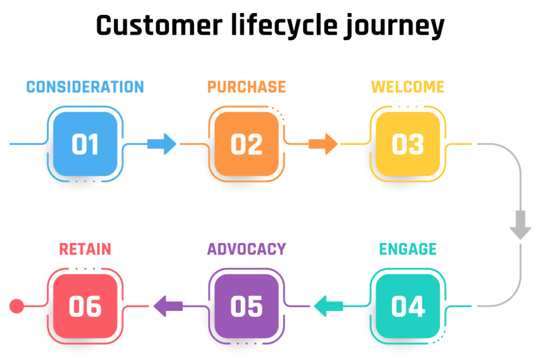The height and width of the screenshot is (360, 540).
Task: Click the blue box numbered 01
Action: click(85, 144)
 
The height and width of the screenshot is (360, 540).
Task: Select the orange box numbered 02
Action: click(247, 144)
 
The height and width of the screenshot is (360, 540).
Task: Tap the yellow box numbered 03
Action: click(408, 144)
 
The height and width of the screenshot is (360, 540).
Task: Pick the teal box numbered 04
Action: click(408, 306)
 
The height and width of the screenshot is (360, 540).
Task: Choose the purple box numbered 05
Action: click(247, 306)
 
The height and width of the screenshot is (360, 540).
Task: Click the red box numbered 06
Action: click(85, 306)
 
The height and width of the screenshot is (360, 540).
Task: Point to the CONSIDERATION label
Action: click(85, 87)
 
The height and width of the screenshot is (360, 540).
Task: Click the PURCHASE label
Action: click(247, 87)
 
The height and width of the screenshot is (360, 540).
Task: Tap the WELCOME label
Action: click(408, 87)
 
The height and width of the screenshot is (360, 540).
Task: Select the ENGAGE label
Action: click(408, 249)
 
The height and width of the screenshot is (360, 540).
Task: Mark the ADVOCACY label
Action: click(247, 249)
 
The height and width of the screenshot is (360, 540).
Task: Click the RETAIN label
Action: click(85, 249)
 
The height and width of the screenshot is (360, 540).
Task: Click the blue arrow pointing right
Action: click(162, 144)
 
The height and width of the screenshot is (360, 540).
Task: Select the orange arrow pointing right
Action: click(323, 144)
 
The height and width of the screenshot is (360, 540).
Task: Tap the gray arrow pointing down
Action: click(520, 225)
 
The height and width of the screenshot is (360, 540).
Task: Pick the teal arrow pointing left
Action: click(329, 306)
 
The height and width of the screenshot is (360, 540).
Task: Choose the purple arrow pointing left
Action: click(168, 306)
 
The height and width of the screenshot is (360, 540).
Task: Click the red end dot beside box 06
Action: click(16, 306)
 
